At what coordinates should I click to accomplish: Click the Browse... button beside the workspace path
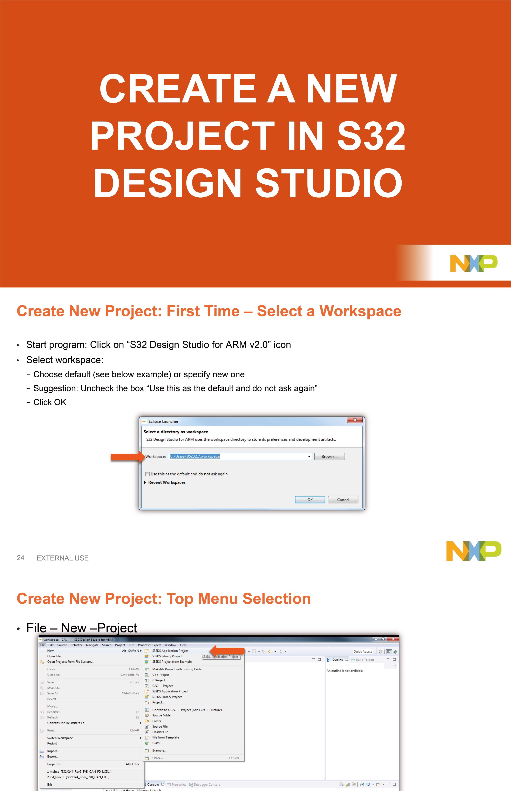[x=329, y=456]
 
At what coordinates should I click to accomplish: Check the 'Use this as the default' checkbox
[x=147, y=474]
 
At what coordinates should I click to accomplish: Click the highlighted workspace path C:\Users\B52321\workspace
[x=195, y=456]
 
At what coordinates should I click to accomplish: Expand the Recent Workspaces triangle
[x=145, y=482]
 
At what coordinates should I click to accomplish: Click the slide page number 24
[x=21, y=558]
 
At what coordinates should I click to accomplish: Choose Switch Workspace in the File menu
[x=60, y=738]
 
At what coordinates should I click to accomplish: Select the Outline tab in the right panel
[x=337, y=660]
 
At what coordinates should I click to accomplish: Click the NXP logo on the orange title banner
[x=473, y=263]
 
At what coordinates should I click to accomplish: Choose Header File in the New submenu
[x=160, y=732]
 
